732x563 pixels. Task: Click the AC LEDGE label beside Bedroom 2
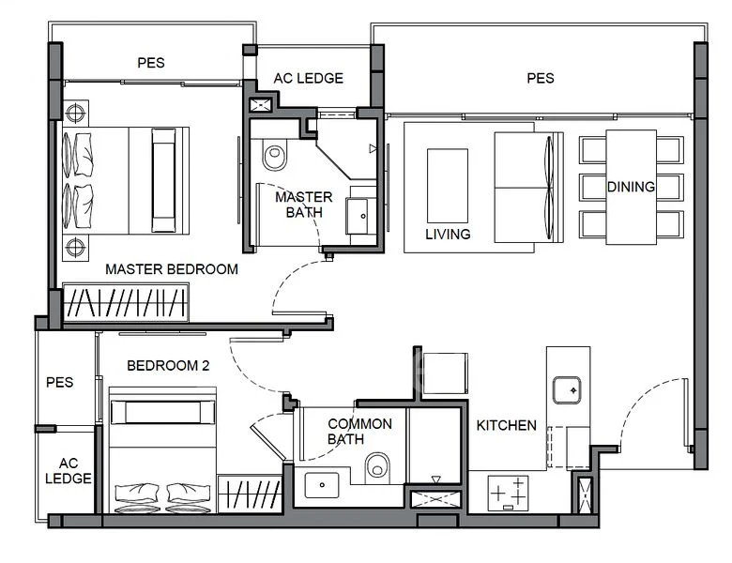(x=69, y=470)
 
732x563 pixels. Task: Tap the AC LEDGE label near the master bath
(x=309, y=78)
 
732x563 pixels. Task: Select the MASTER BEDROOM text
(x=172, y=269)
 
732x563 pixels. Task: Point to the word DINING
(x=631, y=187)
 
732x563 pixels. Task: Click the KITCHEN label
(x=506, y=425)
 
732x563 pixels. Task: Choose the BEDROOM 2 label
(x=168, y=365)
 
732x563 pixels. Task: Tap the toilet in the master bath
(x=274, y=155)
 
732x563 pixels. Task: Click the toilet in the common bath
(x=377, y=467)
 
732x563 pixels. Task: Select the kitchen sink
(x=567, y=389)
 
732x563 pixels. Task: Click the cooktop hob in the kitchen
(x=508, y=493)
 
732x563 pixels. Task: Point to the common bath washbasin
(x=322, y=485)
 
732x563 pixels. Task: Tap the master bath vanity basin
(x=361, y=216)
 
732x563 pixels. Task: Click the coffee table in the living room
(x=448, y=186)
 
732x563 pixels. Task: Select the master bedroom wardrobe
(x=125, y=302)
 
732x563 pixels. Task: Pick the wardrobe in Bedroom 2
(x=250, y=495)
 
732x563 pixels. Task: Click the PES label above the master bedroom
(x=151, y=63)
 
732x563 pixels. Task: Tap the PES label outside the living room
(x=541, y=78)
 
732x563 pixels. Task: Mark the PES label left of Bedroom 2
(x=60, y=382)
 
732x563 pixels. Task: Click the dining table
(x=632, y=188)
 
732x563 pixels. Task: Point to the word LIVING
(x=448, y=234)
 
